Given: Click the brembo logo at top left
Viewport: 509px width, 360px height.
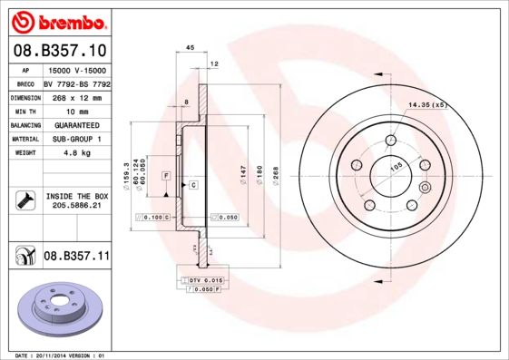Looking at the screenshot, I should [57, 20].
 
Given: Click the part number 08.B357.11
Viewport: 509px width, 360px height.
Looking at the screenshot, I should [76, 258].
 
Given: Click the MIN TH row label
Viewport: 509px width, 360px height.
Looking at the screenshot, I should [25, 111].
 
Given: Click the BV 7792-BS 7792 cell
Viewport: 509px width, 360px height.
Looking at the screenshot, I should [76, 83].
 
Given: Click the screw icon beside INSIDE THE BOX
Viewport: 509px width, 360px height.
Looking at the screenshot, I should [26, 199].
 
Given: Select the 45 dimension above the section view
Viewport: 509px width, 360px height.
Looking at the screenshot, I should [191, 48].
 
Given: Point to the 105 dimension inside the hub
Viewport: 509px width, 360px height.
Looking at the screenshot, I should [396, 167].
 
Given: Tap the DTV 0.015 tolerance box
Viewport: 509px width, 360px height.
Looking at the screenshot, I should [207, 280].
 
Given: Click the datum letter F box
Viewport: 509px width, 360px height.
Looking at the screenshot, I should [167, 173].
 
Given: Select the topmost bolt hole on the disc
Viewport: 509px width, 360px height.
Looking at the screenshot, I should [390, 141].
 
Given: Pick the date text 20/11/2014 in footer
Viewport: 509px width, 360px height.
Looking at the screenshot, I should [57, 355].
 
